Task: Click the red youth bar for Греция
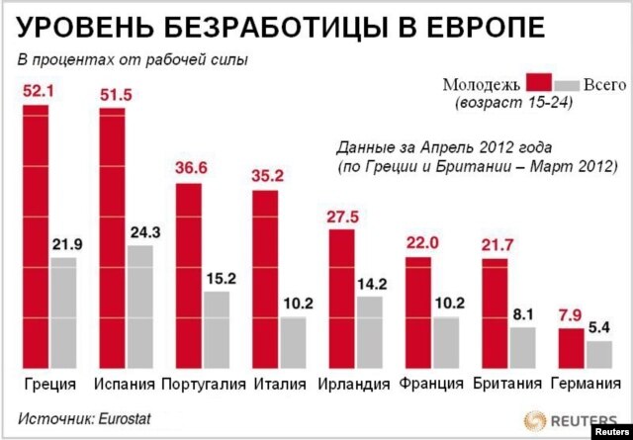[36, 237]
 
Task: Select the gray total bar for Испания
[139, 307]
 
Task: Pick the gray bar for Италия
[292, 342]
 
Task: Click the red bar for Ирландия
[341, 298]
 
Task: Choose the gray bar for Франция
[445, 342]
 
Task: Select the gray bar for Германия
[597, 355]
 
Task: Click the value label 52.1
[36, 93]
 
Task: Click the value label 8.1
[521, 314]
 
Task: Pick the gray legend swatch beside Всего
[567, 84]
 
